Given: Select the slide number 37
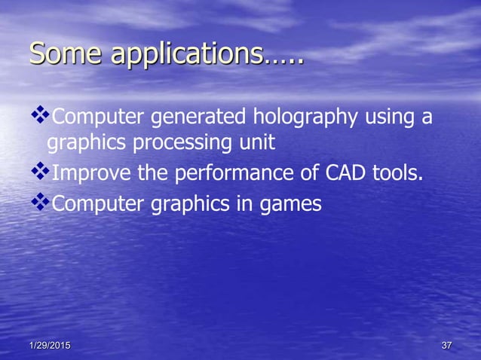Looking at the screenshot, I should [446, 346].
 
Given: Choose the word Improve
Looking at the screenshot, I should [90, 175].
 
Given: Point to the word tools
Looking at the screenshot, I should [397, 175].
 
